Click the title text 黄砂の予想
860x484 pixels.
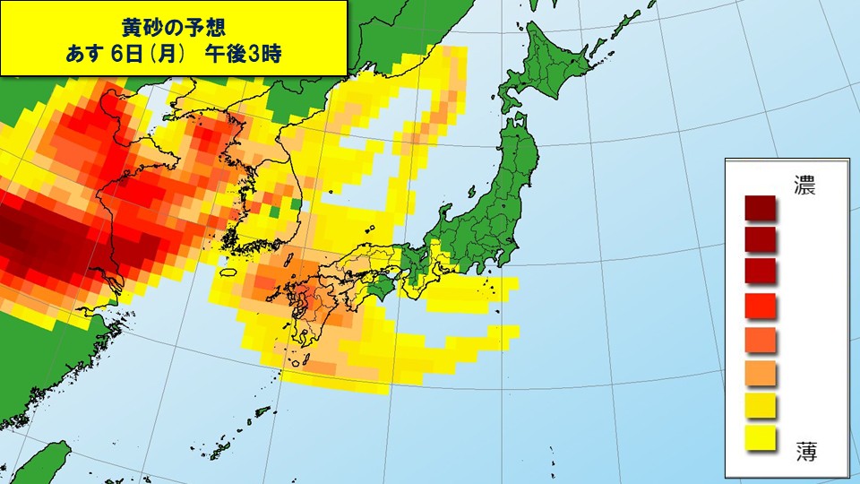(x=174, y=22)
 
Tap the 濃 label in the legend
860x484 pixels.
(x=804, y=186)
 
